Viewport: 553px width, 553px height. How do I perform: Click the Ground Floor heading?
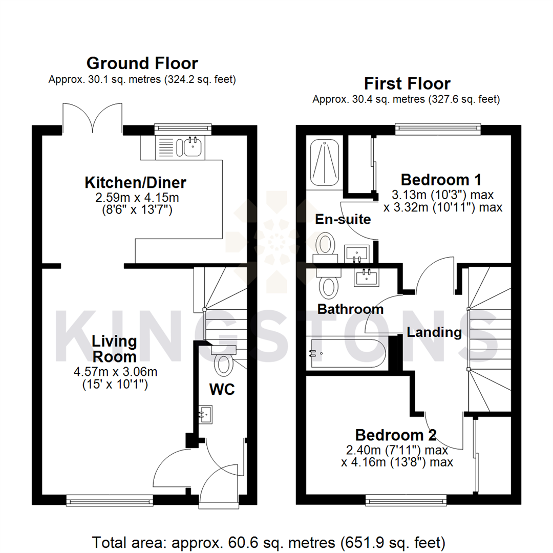(142, 63)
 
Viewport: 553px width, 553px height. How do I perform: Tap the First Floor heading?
(407, 83)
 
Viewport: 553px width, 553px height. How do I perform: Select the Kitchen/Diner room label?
(135, 182)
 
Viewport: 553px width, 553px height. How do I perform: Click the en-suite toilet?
(324, 245)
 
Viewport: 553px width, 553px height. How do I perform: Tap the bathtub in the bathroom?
(345, 353)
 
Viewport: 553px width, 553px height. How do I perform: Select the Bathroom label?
(350, 309)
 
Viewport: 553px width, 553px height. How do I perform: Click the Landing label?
(434, 332)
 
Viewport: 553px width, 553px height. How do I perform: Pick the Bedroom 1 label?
(441, 180)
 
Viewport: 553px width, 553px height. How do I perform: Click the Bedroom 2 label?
(396, 435)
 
